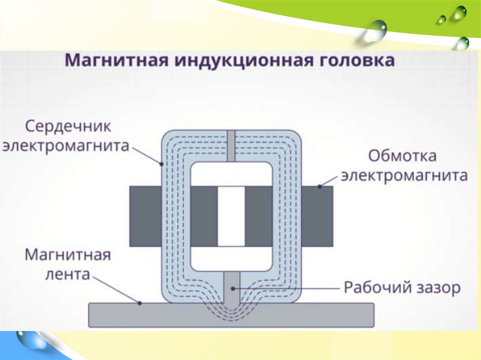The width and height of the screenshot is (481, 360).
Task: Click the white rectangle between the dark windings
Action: tap(231, 216)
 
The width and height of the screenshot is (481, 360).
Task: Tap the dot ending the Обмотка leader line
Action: tap(319, 186)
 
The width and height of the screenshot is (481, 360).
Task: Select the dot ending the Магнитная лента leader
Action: tap(140, 303)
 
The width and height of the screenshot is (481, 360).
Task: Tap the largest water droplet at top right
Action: tap(376, 29)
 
